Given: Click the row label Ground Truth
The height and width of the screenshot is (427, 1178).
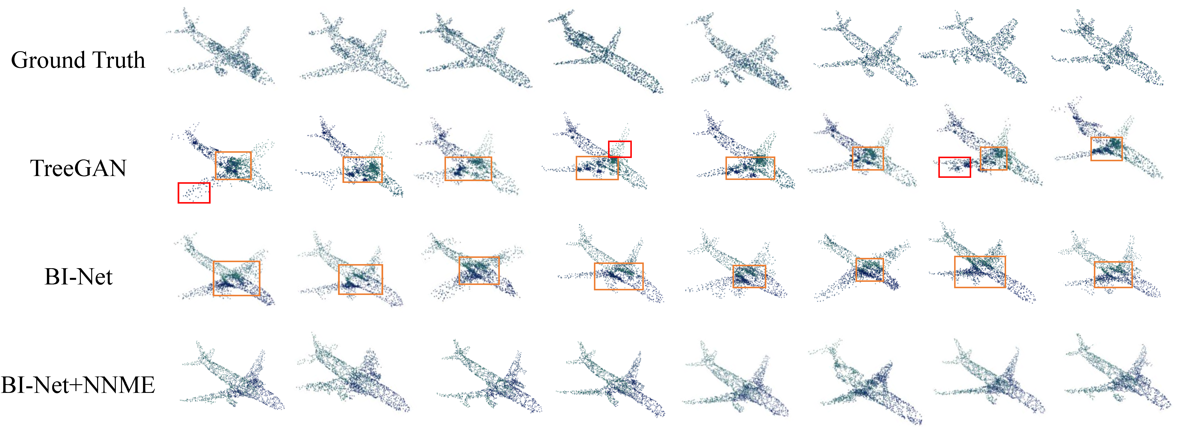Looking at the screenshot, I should coord(78,60).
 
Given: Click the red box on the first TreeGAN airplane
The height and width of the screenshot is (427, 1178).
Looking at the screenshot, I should coord(194,192).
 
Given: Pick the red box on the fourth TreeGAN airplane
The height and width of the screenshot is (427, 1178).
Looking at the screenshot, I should coord(620,149).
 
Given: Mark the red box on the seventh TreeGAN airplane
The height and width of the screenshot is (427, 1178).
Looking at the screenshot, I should coord(954,167).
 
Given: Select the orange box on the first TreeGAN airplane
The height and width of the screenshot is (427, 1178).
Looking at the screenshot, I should coord(233,166).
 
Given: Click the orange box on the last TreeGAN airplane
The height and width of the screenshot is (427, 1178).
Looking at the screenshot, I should coord(1106,149).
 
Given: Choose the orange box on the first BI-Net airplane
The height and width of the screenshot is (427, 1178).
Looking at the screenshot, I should coord(236,278).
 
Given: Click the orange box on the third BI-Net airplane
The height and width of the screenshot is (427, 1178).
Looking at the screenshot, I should coord(479,271).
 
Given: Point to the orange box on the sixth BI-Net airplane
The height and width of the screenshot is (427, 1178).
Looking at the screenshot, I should coord(869,270).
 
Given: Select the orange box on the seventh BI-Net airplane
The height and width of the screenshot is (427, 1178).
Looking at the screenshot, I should coord(980,272).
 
